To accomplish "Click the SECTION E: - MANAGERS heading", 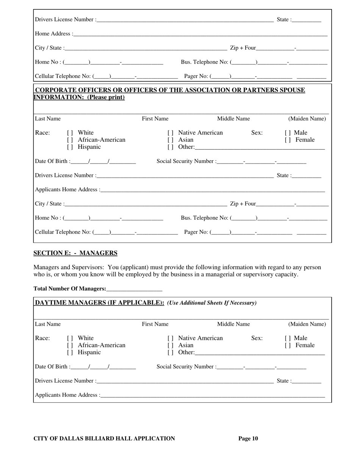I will [x=75, y=253].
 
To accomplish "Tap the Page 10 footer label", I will [x=248, y=439].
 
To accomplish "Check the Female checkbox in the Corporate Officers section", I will [x=287, y=140].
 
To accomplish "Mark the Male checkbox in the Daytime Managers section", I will [x=287, y=338].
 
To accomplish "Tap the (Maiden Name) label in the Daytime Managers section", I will [x=307, y=324].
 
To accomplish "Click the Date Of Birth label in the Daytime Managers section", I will [x=52, y=367].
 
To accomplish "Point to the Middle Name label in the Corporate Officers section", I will [x=233, y=119].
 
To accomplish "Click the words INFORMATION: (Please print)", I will [x=79, y=97].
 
